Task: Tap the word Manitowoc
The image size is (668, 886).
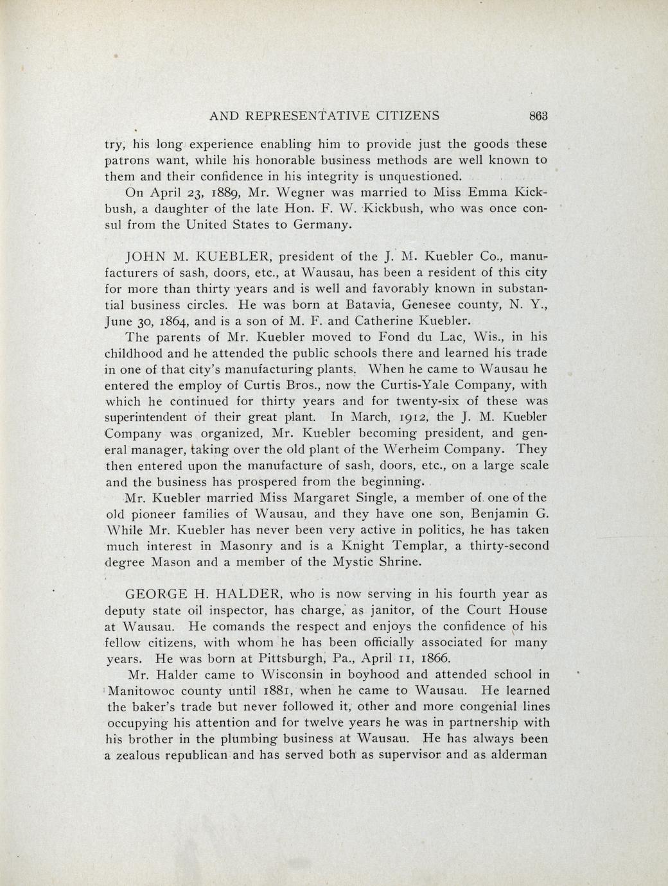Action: click(x=144, y=691)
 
